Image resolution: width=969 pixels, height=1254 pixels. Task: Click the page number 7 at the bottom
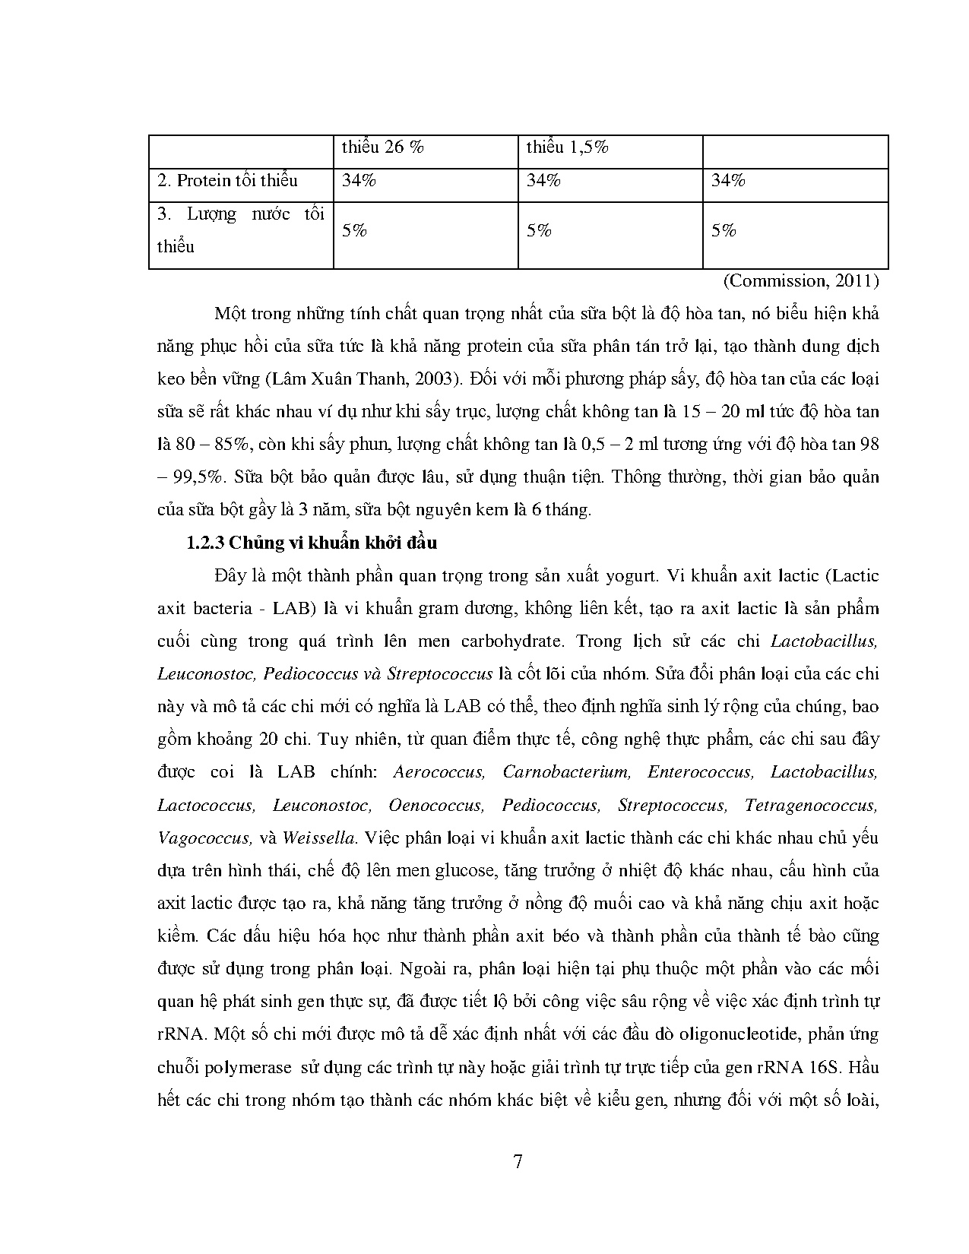point(518,1162)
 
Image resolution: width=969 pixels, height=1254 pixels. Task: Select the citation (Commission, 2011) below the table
point(800,281)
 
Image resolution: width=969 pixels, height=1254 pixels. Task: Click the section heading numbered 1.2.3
point(312,543)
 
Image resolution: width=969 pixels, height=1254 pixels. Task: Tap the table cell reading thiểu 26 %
point(382,147)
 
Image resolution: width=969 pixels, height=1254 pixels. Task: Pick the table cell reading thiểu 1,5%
point(567,147)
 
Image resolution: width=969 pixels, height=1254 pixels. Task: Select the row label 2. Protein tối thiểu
point(227,181)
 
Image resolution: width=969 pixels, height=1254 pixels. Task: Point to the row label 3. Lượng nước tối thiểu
point(240,230)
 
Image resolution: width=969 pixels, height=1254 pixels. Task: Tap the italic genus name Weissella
point(318,838)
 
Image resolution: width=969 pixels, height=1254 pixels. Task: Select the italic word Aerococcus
point(439,772)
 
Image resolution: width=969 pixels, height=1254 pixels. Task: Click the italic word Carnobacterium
point(566,772)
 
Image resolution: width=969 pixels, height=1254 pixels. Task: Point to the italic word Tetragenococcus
point(811,806)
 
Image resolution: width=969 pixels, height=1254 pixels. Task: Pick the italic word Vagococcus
point(204,838)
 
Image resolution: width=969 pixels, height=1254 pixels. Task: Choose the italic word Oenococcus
point(435,806)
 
